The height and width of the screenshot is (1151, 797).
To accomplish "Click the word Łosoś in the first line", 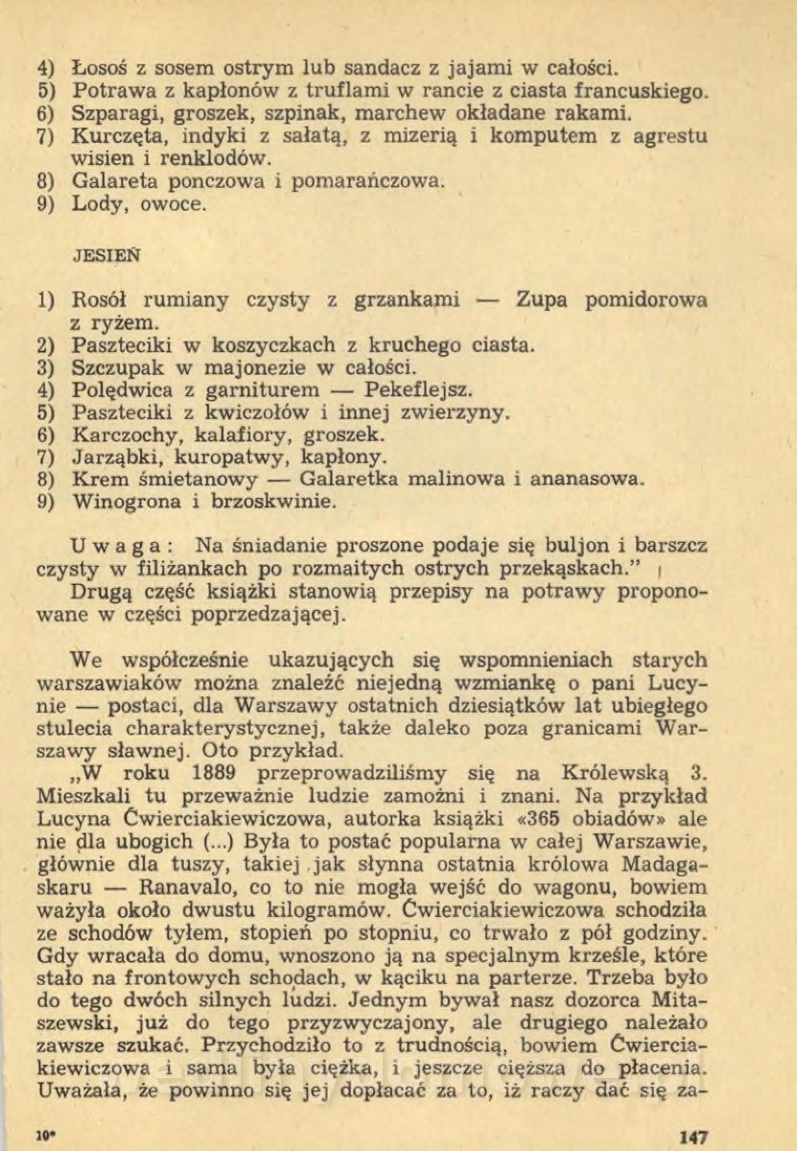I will (x=99, y=69).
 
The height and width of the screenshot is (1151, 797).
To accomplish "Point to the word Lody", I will (x=97, y=202).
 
